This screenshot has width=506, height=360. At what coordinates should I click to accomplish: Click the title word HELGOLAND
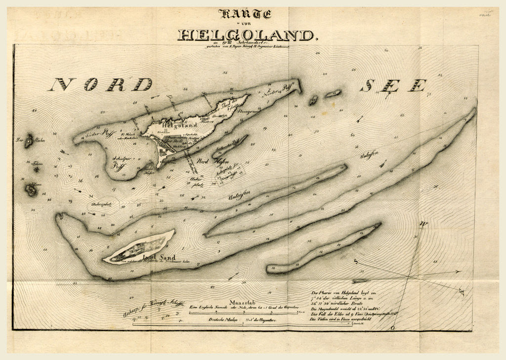246,35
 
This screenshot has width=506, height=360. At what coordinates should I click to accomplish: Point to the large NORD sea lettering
100,84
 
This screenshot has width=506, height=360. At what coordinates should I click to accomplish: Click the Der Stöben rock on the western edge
29,142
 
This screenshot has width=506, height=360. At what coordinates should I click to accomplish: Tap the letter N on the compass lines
423,225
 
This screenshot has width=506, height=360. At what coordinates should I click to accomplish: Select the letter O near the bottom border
392,327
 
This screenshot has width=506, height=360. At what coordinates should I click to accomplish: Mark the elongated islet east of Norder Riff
334,93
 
